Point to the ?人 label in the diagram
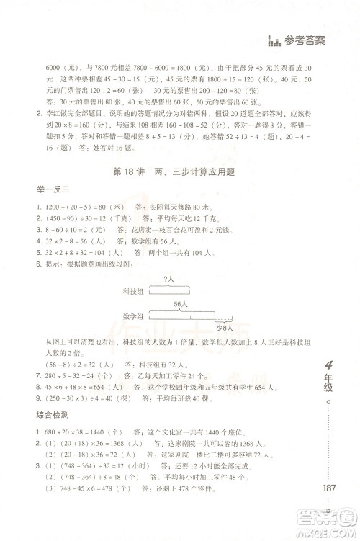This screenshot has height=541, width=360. click(x=168, y=279)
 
